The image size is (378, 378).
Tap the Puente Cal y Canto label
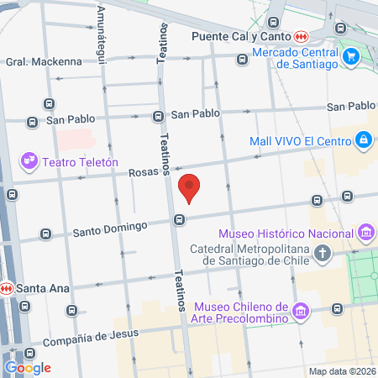(241, 37)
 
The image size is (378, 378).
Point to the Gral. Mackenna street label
(44, 61)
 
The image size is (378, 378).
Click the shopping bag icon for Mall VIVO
(363, 139)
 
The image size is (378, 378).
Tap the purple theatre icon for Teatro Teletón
(30, 160)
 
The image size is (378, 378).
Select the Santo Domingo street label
(110, 227)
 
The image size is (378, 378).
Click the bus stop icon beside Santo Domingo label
(179, 220)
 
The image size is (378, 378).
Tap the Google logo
(28, 367)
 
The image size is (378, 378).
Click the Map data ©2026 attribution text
(342, 371)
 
